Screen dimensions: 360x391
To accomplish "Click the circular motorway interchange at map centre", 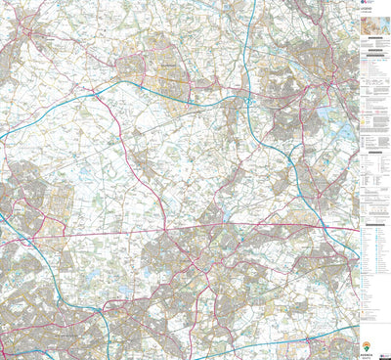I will (249, 100).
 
